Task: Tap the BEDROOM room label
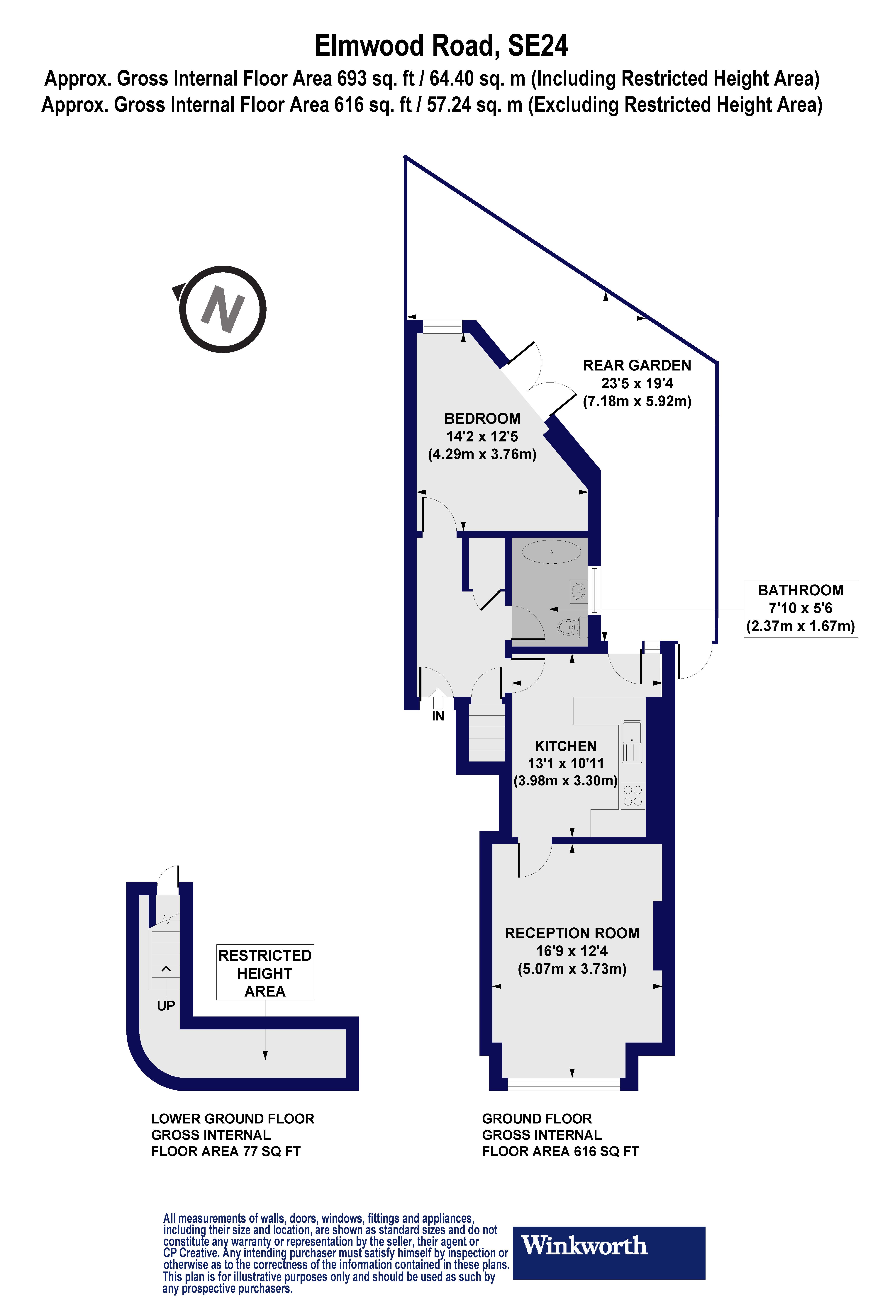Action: coord(482,419)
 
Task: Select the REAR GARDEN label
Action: coord(637,366)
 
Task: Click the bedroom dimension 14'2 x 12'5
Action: coord(482,436)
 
